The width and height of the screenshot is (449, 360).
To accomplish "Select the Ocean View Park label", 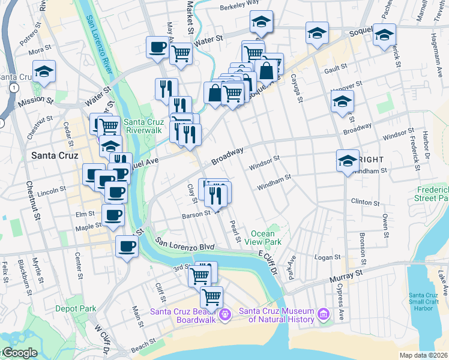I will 266,238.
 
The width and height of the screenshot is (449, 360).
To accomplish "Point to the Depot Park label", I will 76,308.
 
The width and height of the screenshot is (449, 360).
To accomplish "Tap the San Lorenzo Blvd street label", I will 185,244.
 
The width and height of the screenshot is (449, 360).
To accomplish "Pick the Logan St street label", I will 328,257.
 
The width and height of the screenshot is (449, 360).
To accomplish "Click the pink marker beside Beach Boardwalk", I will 225,313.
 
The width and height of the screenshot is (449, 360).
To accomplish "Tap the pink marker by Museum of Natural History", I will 324,314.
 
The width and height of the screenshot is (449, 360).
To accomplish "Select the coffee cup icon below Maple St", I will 126,246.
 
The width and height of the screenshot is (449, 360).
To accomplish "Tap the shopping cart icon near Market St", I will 181,54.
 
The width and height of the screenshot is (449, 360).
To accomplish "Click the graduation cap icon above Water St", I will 261,23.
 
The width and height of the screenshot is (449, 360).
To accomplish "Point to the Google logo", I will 19,353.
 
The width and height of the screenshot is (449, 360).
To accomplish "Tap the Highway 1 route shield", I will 13,88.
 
